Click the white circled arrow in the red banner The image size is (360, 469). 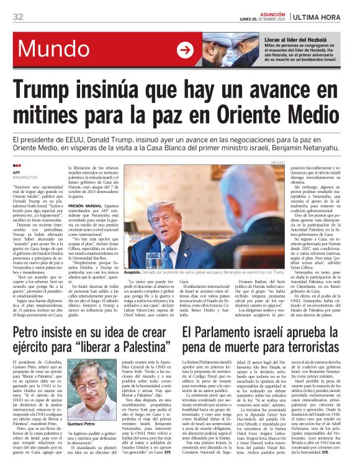point(184,50)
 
